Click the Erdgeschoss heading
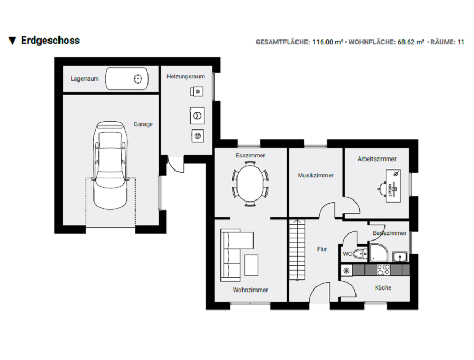[x=50, y=41]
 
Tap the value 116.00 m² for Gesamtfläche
[x=328, y=42]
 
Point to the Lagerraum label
[x=85, y=79]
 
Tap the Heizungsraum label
[x=185, y=77]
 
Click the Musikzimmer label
[x=315, y=176]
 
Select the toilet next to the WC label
[x=361, y=255]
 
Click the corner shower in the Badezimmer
[x=379, y=253]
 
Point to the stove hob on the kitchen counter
[x=383, y=269]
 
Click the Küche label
[x=383, y=288]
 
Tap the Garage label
[x=143, y=124]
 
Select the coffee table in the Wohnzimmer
[x=252, y=264]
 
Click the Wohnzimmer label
[x=250, y=290]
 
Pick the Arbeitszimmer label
[x=377, y=159]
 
